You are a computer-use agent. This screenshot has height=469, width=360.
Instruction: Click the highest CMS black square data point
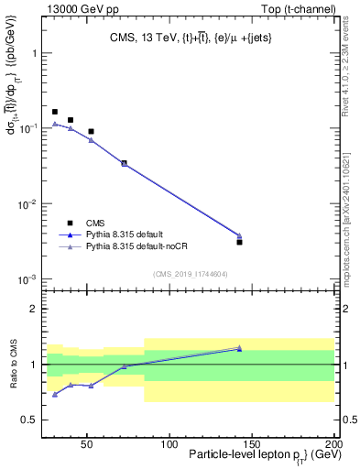click(x=55, y=112)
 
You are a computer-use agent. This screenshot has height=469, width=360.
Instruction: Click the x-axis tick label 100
click(x=169, y=444)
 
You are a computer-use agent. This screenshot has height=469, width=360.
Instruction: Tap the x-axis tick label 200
click(x=333, y=444)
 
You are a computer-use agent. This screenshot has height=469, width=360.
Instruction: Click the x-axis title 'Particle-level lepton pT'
click(x=259, y=456)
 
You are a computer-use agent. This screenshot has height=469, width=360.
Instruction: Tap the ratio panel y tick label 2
click(x=34, y=309)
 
